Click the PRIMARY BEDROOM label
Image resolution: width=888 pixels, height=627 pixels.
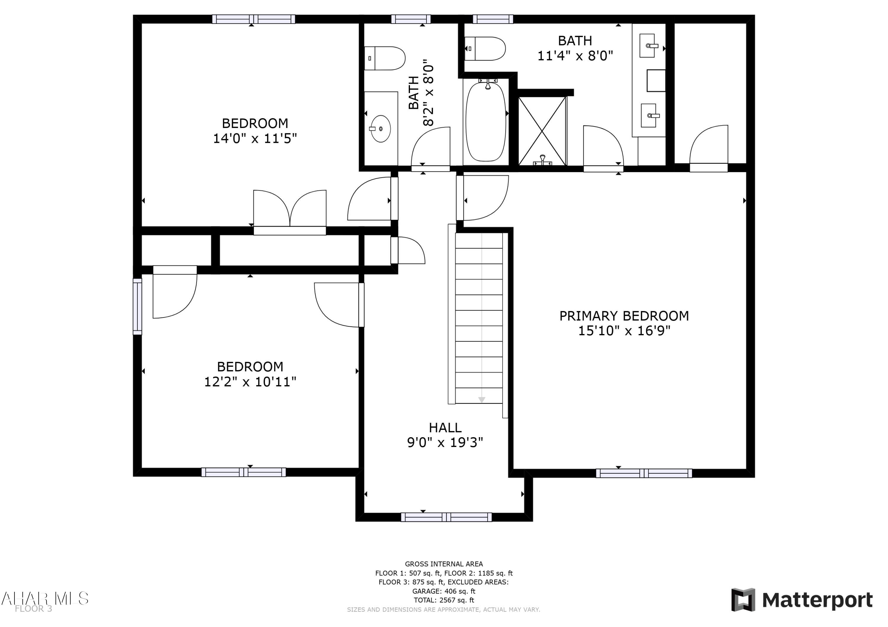(x=624, y=316)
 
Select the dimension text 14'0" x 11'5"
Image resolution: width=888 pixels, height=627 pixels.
(x=255, y=138)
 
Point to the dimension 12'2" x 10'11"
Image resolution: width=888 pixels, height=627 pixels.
(x=250, y=382)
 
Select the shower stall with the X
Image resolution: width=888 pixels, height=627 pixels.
(x=542, y=131)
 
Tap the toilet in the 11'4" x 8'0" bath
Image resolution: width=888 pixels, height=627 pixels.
(x=486, y=49)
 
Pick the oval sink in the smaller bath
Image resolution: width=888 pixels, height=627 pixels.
(x=381, y=129)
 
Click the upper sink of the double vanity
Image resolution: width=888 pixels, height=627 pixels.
(x=648, y=46)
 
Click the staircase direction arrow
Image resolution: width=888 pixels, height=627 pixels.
(x=482, y=399)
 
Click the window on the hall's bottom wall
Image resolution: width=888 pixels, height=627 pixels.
(x=446, y=517)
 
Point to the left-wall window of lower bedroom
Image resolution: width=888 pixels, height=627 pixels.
(x=137, y=306)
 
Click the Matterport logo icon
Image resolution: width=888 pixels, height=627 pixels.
(x=743, y=600)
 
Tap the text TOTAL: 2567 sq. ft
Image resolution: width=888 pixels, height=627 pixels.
(x=444, y=600)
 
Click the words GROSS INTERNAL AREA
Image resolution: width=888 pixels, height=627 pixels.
(x=444, y=564)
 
